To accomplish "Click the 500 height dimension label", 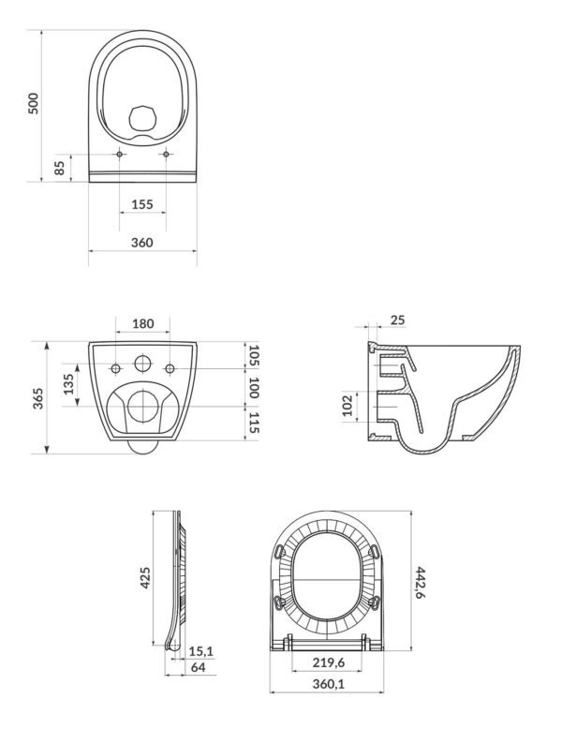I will [x=34, y=103].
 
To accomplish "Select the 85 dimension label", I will [x=60, y=168].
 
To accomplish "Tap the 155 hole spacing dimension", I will [x=142, y=204].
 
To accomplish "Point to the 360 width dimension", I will [x=142, y=243].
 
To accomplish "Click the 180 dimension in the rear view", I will [x=142, y=324].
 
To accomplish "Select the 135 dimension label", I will [x=67, y=385].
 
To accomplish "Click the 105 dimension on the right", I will [x=254, y=355].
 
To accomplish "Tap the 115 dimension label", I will [x=254, y=423].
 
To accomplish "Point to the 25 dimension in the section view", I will [x=397, y=320].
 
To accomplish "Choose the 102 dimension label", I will [x=348, y=406].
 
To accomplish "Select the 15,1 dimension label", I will [x=200, y=649].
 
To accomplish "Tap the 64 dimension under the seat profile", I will [x=200, y=667].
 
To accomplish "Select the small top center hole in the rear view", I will [x=142, y=364].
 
